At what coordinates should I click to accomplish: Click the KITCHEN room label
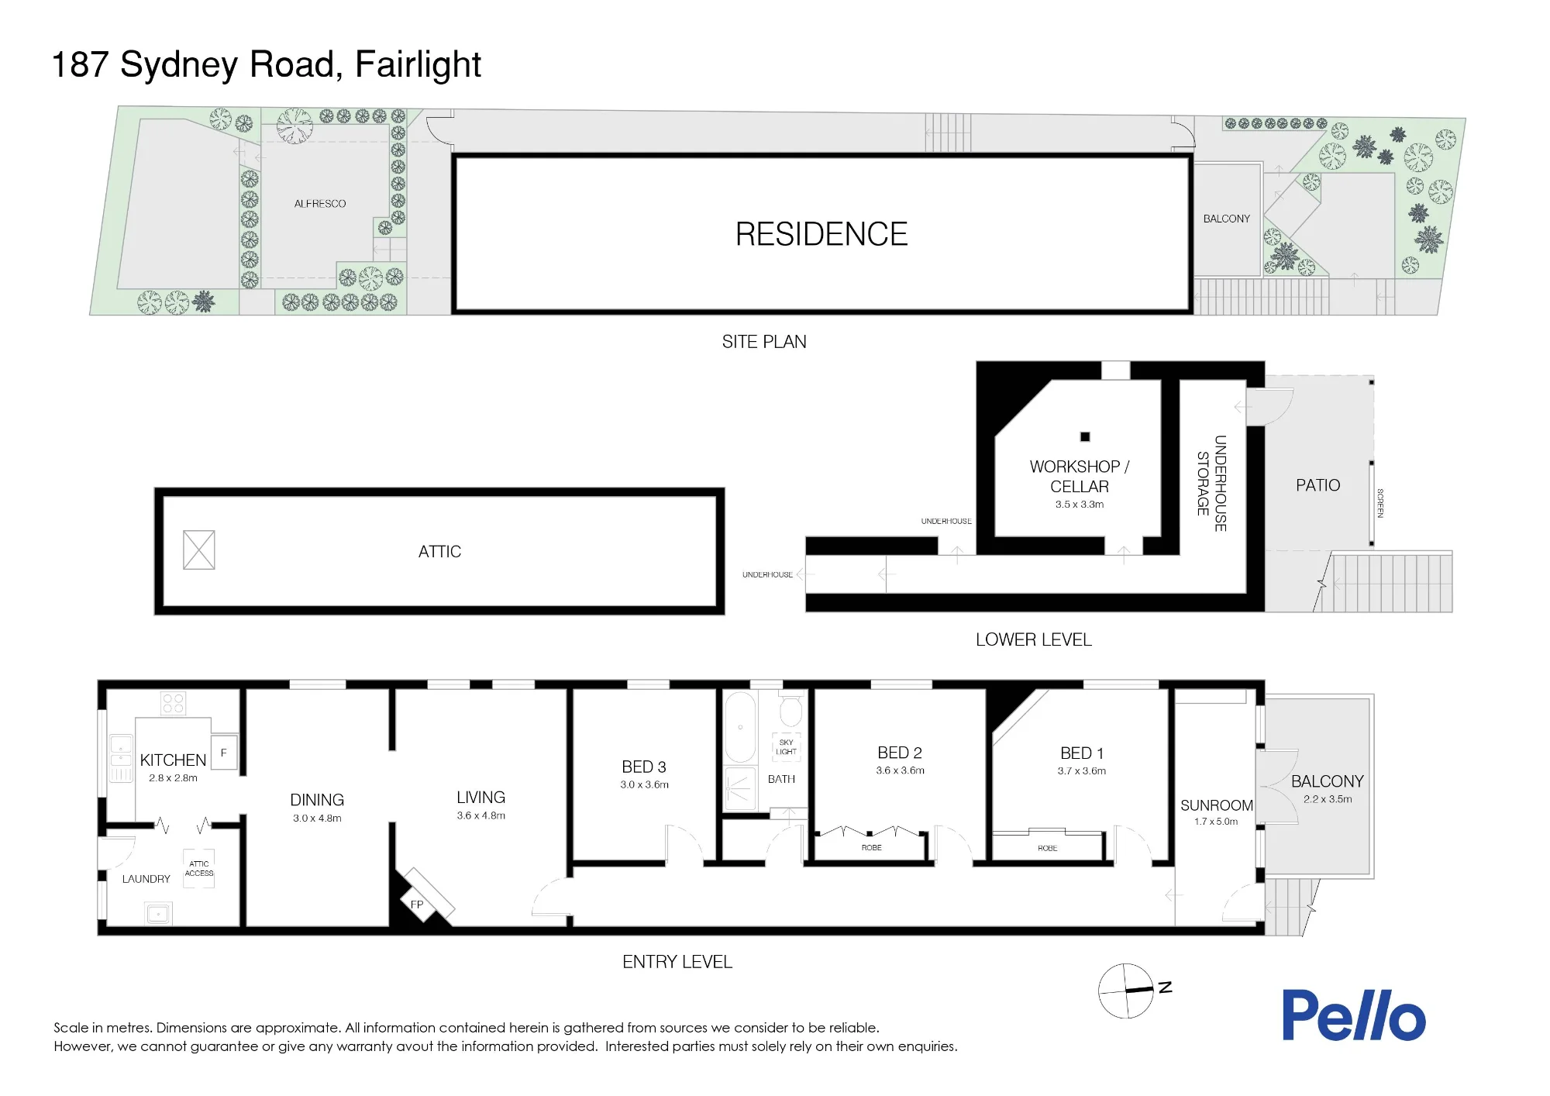(173, 760)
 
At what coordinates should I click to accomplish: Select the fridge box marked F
(224, 753)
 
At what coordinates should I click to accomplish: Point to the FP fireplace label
(417, 905)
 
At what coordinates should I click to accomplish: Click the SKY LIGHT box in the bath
(786, 747)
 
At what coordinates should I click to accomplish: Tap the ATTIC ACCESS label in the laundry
(199, 869)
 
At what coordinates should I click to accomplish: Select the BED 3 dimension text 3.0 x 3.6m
(644, 784)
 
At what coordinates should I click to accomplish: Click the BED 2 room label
(900, 753)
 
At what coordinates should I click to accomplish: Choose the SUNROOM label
(1217, 805)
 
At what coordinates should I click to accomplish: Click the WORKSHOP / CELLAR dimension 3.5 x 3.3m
(1080, 505)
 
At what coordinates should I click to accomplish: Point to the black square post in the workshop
(1085, 436)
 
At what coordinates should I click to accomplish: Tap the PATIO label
(1317, 485)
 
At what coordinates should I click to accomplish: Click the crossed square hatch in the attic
(199, 550)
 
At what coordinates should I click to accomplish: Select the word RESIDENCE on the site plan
(821, 234)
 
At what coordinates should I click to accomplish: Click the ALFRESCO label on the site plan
(320, 204)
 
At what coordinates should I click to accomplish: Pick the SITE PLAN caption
(764, 342)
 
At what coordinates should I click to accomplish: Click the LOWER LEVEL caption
(1034, 639)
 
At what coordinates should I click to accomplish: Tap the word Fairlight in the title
(418, 64)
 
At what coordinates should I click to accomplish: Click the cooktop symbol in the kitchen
(174, 704)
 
